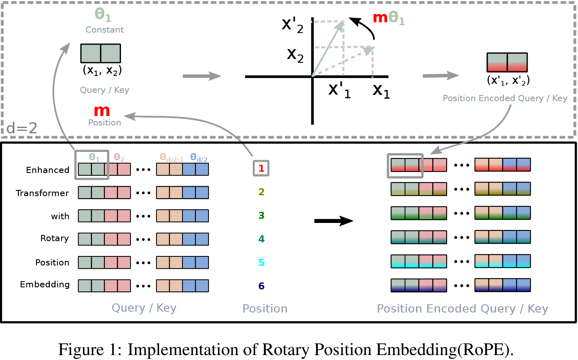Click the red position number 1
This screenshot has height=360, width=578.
click(261, 168)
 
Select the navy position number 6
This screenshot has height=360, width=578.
click(261, 286)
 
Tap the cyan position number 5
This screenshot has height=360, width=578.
click(261, 263)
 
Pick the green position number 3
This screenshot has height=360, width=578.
click(261, 215)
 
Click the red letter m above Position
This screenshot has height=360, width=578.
click(102, 111)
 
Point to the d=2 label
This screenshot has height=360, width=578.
click(21, 128)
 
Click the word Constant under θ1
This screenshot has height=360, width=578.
click(104, 30)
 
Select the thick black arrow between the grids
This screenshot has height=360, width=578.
click(334, 220)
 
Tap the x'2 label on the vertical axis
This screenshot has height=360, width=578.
click(293, 25)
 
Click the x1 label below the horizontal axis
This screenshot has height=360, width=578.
click(381, 91)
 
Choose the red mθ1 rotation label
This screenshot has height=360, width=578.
click(389, 18)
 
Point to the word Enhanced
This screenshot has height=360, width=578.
click(48, 170)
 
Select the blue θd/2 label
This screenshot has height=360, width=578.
click(199, 157)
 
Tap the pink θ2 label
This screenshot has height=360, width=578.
click(119, 157)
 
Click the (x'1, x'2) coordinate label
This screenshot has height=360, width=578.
click(508, 80)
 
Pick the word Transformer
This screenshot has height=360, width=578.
click(42, 193)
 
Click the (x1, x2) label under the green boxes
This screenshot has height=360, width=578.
click(102, 70)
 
